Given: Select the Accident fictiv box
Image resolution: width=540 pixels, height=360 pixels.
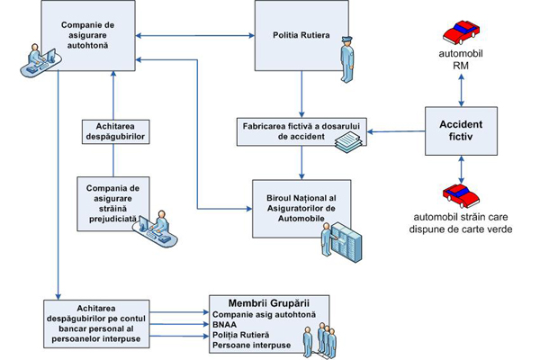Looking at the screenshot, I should click(461, 130).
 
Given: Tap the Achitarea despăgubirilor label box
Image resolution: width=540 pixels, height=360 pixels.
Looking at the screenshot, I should click(114, 131).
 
